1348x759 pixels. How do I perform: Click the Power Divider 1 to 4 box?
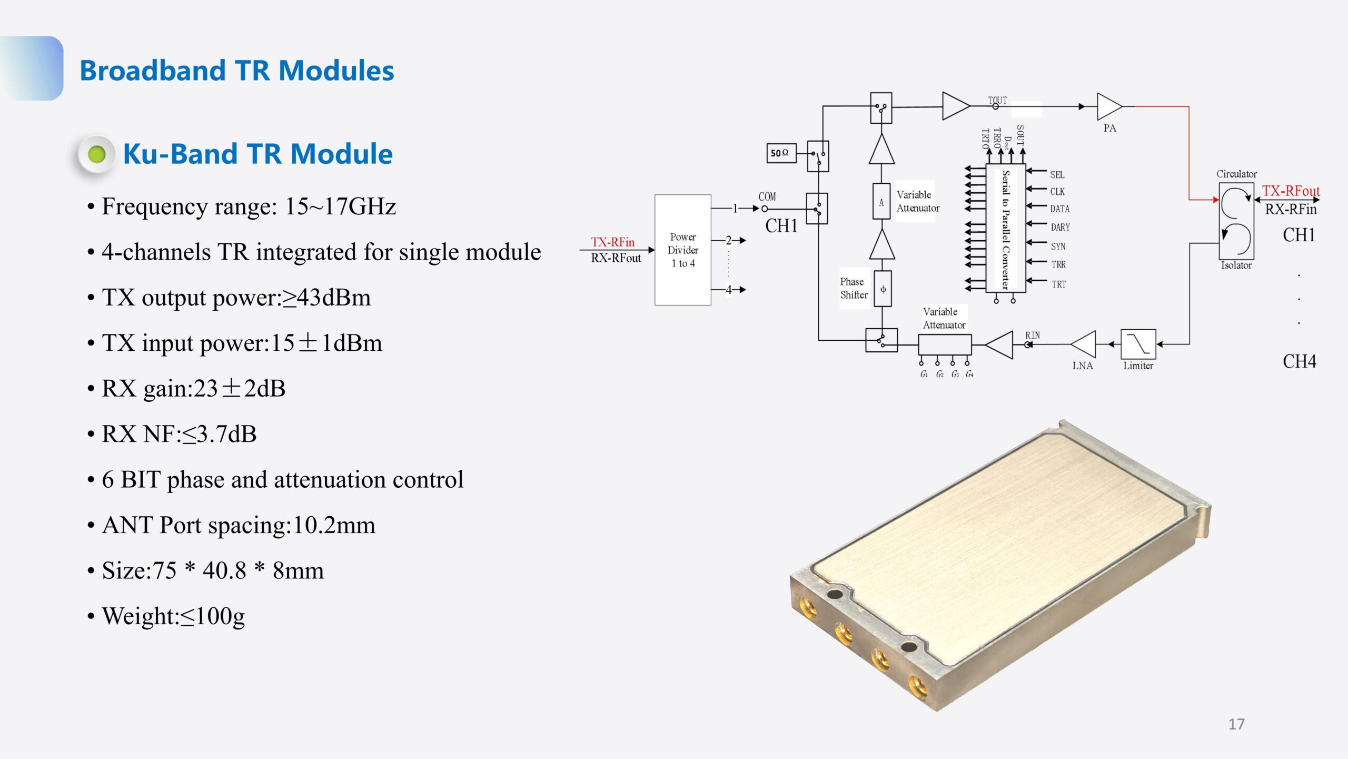tap(682, 250)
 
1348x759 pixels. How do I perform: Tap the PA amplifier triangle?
tap(1107, 106)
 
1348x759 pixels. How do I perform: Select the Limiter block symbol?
tap(1138, 344)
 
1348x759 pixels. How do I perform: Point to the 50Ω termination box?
tap(780, 153)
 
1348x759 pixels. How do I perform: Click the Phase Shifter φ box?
tap(883, 289)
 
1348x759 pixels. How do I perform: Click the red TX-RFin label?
tap(612, 242)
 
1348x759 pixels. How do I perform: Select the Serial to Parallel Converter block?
tap(1005, 228)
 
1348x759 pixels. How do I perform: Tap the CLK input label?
tap(1057, 192)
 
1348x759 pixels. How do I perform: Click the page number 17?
tap(1236, 724)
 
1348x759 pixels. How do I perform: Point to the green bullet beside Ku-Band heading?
tap(97, 154)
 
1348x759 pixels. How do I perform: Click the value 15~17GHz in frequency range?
tap(340, 206)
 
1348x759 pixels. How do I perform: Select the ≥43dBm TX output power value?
tap(326, 298)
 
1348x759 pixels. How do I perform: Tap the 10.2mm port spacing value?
tap(334, 525)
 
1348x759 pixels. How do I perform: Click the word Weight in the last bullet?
tap(138, 616)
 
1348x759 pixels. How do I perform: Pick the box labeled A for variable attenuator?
tap(881, 202)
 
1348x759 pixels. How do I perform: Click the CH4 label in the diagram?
tap(1299, 361)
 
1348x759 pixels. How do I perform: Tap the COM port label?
tap(767, 196)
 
